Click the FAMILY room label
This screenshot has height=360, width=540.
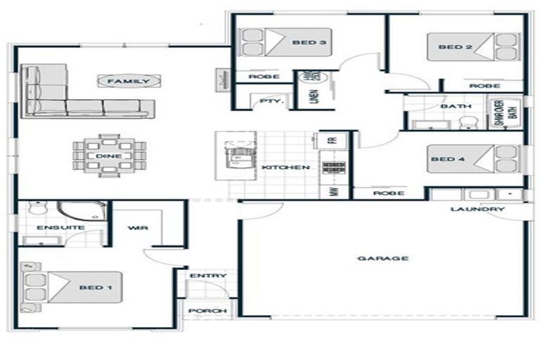coord(127,81)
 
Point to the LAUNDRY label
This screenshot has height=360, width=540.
coord(477,210)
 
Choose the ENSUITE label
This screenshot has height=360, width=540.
coord(51,228)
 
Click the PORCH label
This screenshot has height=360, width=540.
coord(208,311)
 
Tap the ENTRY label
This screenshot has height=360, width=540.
coord(208,276)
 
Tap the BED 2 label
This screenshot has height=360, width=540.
coord(450,47)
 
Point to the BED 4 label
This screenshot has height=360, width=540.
coord(444,160)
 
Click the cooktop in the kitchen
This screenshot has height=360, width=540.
coord(332,167)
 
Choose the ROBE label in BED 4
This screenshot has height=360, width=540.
coord(388,193)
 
